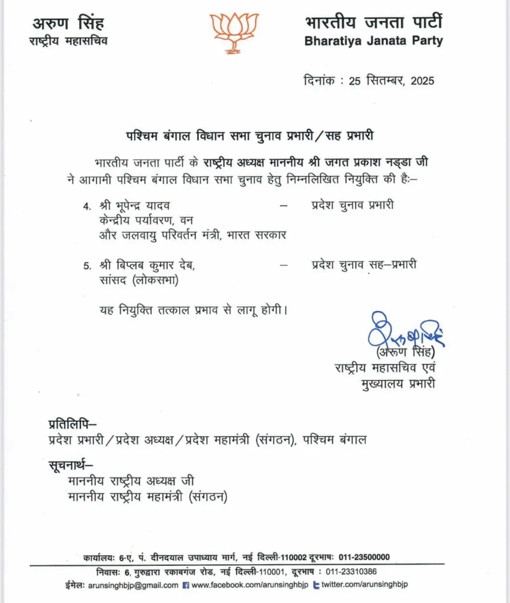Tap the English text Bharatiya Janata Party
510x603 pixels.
[373, 42]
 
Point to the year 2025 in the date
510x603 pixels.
[421, 80]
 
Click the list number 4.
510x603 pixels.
[87, 206]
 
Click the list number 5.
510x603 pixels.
[87, 266]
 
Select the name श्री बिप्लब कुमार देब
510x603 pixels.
[147, 266]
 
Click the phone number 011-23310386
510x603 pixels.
[350, 571]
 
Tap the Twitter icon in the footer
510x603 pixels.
[317, 585]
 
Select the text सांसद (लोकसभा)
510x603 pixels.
[139, 280]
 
